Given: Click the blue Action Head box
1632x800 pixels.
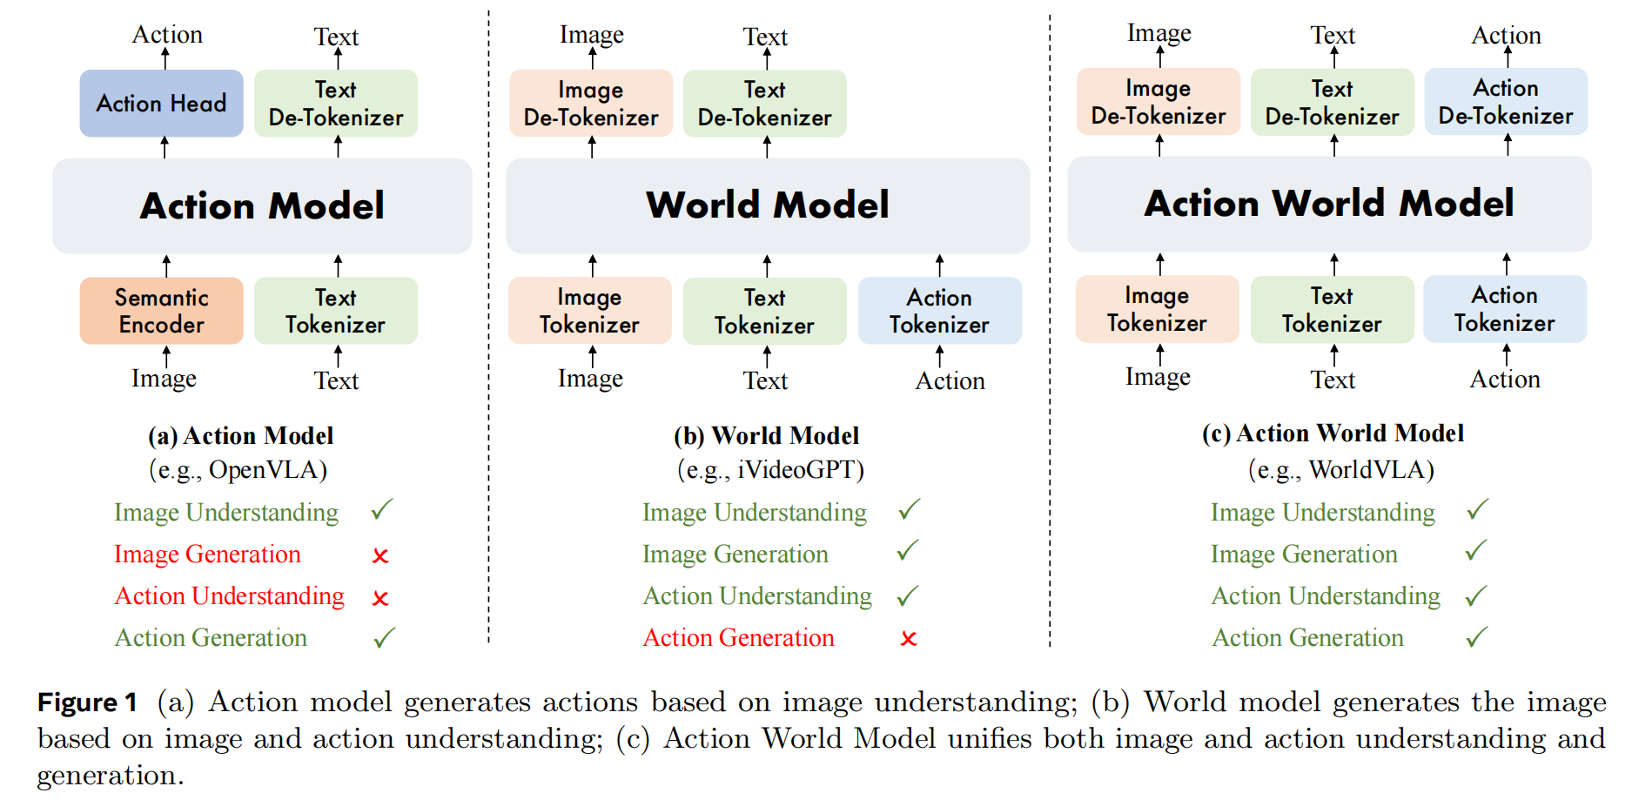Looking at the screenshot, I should [x=161, y=104].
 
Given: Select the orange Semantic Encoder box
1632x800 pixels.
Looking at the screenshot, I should [x=161, y=311].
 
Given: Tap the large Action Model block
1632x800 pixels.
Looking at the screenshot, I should [x=262, y=206].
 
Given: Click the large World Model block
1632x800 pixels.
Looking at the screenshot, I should [x=767, y=205].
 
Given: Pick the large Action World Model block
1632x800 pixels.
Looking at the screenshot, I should [x=1328, y=204].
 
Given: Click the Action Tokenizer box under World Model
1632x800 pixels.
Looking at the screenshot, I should [x=939, y=311].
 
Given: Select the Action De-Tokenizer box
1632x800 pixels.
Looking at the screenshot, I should [x=1505, y=102].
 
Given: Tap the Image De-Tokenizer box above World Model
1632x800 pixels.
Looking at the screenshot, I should [x=590, y=104].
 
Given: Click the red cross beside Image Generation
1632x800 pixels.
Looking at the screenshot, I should [x=380, y=555].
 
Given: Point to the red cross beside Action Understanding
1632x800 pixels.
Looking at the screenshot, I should [x=380, y=598].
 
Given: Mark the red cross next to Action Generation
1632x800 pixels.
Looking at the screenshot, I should [x=909, y=639].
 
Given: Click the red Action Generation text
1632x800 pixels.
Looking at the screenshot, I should [x=738, y=638].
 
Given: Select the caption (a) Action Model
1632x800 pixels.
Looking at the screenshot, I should [x=240, y=435].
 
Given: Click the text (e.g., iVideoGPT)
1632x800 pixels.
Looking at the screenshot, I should [x=770, y=470].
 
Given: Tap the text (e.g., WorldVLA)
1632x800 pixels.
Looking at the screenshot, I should [x=1340, y=470].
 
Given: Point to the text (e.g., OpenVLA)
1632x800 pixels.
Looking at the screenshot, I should [x=238, y=470].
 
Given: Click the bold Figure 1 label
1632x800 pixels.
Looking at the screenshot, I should [x=87, y=703].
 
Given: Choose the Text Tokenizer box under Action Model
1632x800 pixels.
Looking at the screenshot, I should [x=335, y=311].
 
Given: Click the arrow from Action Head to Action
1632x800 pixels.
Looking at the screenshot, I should [x=165, y=59].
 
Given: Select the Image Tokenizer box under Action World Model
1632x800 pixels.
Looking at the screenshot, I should [x=1157, y=309].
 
